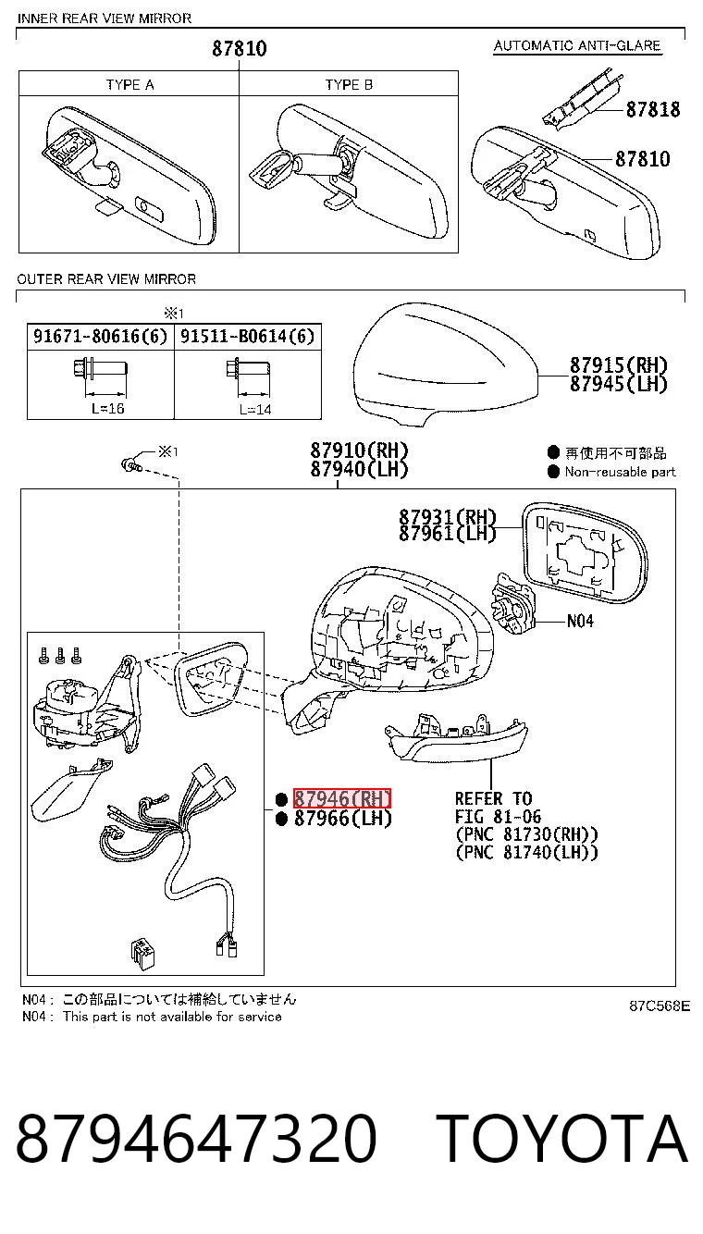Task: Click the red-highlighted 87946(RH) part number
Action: click(341, 798)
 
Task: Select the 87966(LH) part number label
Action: click(342, 818)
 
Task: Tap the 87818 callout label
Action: click(653, 110)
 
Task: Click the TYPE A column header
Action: click(130, 85)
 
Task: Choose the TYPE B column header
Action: click(349, 85)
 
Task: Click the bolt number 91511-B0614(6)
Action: click(247, 336)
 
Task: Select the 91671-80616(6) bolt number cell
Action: click(100, 336)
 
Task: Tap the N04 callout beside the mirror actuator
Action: click(580, 622)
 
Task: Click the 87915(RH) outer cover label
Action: click(618, 365)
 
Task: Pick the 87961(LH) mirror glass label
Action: click(448, 533)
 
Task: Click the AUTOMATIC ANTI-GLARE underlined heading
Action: click(577, 45)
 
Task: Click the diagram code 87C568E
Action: click(660, 1006)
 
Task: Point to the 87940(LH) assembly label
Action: click(359, 469)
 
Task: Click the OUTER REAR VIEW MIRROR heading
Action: click(106, 279)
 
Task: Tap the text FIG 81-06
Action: click(498, 817)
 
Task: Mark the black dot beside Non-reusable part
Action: click(554, 472)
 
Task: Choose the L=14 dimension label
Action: click(255, 409)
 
